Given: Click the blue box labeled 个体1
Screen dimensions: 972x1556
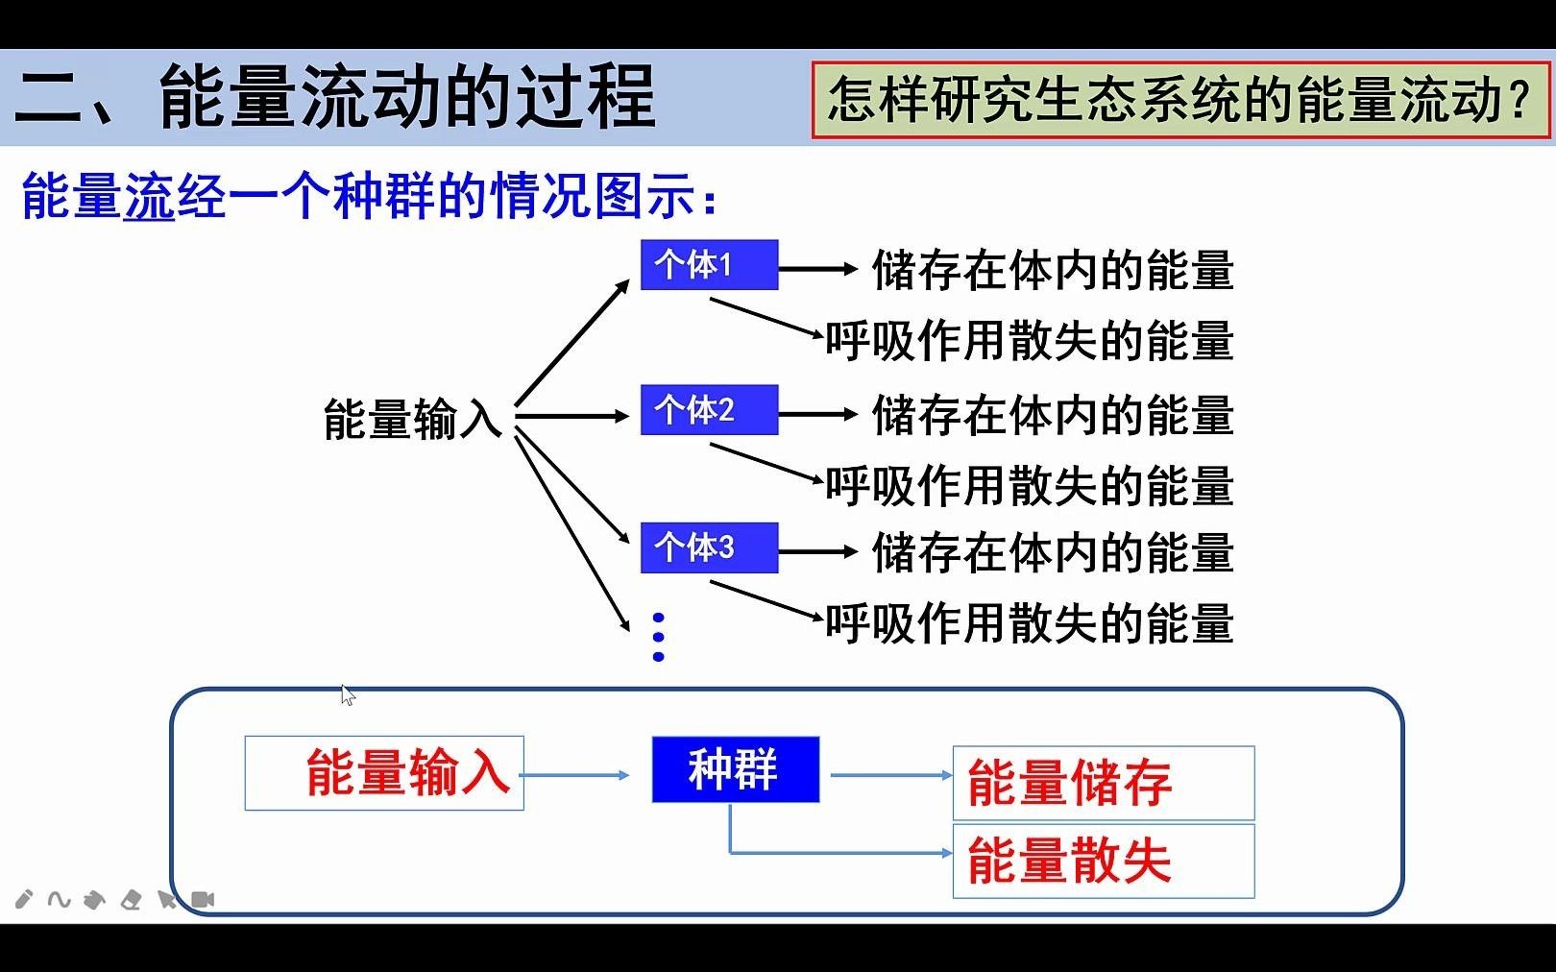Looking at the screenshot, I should (x=709, y=265).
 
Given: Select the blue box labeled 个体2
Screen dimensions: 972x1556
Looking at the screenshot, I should (x=709, y=410).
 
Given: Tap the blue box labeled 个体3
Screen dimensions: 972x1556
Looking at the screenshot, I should (x=709, y=547).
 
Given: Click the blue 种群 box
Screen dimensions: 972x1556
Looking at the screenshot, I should (x=735, y=769).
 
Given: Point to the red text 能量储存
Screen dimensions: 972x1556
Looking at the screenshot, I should (x=1069, y=783).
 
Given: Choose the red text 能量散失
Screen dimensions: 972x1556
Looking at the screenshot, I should (x=1069, y=860).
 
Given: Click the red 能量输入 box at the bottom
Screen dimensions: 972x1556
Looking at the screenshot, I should (x=384, y=773).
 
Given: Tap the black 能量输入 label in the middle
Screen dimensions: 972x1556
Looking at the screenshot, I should (x=412, y=420).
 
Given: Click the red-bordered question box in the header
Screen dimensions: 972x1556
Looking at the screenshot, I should (x=1180, y=100).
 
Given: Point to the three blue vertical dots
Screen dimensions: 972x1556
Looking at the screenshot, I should (x=658, y=637).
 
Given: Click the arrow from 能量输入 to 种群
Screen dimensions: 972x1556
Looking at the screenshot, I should (x=574, y=775).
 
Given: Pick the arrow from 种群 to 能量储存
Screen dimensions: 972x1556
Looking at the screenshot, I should (x=891, y=775).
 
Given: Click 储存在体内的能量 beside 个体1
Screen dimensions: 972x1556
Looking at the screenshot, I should (x=1052, y=271).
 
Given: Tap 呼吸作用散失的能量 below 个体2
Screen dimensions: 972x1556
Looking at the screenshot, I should (x=1029, y=486).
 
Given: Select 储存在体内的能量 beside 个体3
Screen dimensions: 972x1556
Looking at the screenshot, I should (x=1052, y=553).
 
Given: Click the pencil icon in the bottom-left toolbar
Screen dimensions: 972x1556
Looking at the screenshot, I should (x=24, y=899).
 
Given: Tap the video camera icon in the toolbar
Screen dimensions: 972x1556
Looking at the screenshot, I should (x=203, y=899).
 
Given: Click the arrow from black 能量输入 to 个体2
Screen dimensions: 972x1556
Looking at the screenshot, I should (x=572, y=416).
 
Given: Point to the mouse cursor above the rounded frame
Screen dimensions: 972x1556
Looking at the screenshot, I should (x=348, y=695).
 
